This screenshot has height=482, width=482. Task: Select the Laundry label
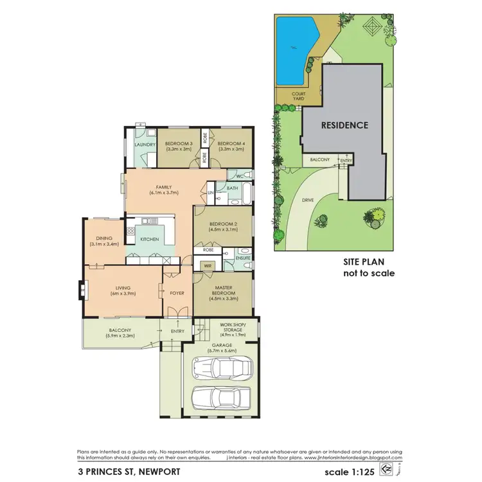(145, 145)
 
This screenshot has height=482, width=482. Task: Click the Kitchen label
(150, 239)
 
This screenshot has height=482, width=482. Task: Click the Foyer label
(177, 293)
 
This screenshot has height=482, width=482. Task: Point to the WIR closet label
(208, 264)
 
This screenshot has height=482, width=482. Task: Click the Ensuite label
(242, 258)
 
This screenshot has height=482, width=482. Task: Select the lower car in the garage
(220, 400)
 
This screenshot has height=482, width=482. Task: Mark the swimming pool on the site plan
(296, 43)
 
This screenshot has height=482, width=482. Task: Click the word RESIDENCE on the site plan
(344, 125)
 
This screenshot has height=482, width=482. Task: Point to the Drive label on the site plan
(308, 200)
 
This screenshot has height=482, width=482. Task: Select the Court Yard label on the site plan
(298, 96)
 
